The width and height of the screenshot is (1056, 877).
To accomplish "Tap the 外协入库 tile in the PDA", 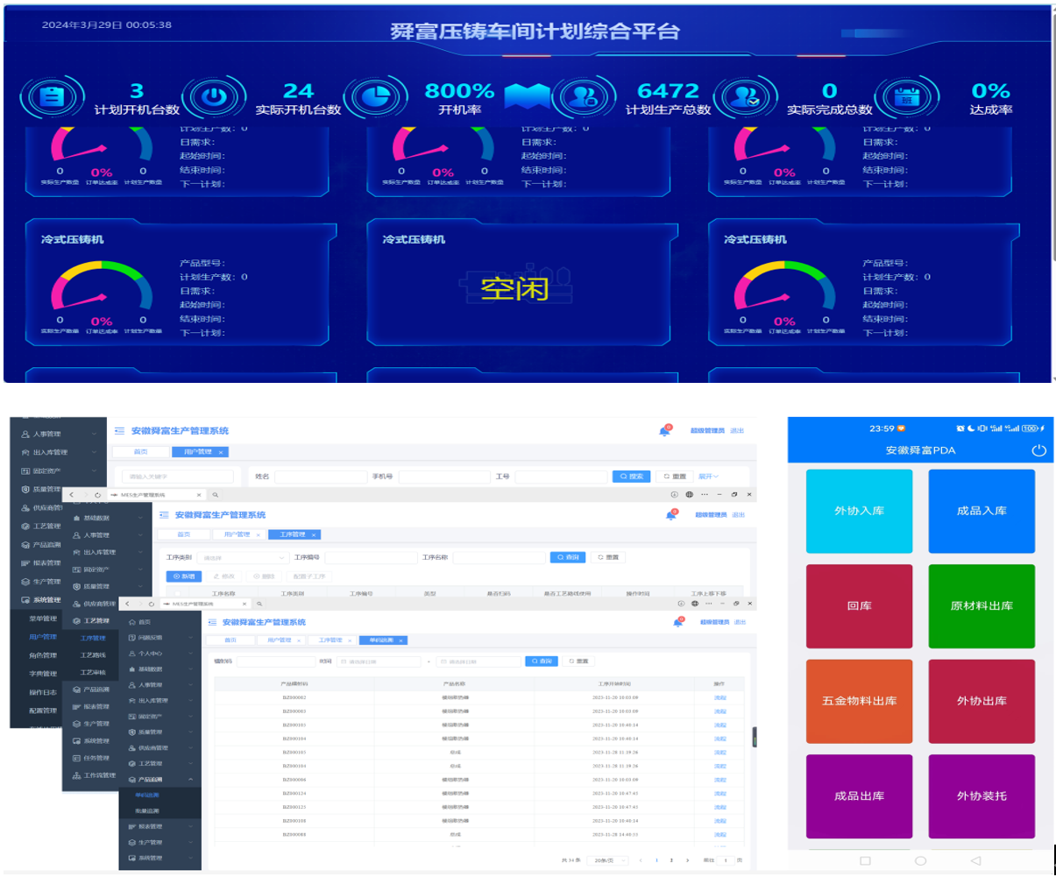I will (x=859, y=511).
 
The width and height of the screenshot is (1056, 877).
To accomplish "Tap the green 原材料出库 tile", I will (x=982, y=605).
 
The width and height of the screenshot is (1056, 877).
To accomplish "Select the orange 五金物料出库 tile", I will (x=859, y=701).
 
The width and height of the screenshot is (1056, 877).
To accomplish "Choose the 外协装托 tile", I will (x=982, y=796).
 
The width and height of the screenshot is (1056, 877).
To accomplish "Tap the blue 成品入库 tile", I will (x=982, y=511).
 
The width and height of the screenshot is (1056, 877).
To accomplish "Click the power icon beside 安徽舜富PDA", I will (x=1038, y=450).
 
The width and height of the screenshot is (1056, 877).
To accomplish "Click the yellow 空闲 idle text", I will (x=514, y=288).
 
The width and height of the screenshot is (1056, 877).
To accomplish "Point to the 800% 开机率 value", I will (x=459, y=91).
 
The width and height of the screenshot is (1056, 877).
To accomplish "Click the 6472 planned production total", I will (x=668, y=91).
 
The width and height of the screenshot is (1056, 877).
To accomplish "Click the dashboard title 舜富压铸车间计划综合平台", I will (x=535, y=32).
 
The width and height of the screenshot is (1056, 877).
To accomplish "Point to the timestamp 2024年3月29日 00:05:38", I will (x=107, y=25).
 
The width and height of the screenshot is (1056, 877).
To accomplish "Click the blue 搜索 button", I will (x=633, y=477).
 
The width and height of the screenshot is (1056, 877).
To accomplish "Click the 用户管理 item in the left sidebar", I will (x=43, y=637).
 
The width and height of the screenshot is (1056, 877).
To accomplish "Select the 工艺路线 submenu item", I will (x=93, y=654).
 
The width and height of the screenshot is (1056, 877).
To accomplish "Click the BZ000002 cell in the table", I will (x=294, y=697).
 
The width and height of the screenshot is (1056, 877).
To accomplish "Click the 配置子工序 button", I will (x=308, y=576).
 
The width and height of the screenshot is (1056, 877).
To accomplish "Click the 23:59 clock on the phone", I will (x=882, y=428).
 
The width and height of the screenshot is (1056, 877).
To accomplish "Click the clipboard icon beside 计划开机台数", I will (x=51, y=96).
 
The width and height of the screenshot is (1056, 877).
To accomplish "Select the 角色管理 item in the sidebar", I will (x=43, y=655).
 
